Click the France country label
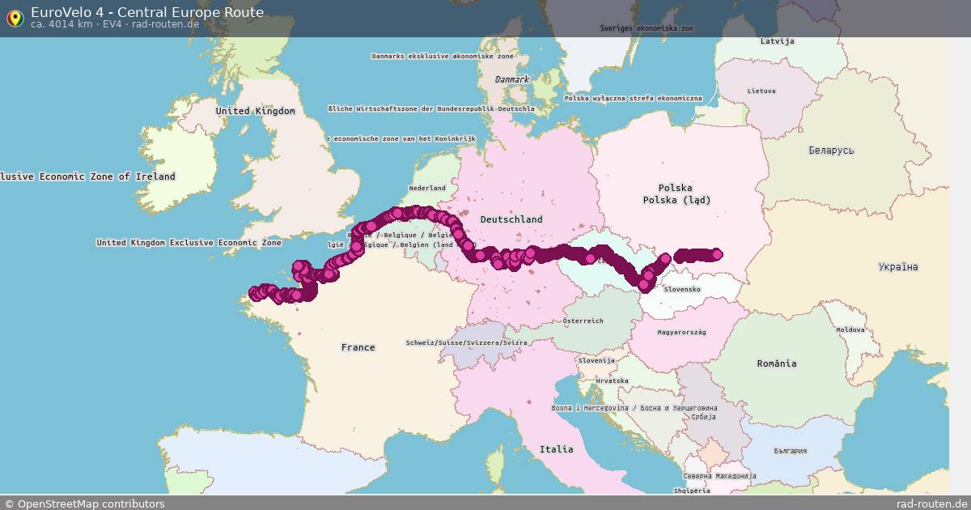[x=358, y=347]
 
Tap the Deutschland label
[x=511, y=219]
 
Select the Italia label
[x=557, y=449]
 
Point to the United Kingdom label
[x=255, y=111]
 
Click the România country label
[x=777, y=363]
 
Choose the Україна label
[x=898, y=267]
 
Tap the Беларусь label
[x=831, y=151]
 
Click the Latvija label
[x=778, y=41]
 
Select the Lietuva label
[x=761, y=91]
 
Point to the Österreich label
[x=583, y=321]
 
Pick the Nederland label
[x=427, y=188]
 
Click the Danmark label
[x=512, y=79]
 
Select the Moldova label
[x=850, y=329]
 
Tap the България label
[x=790, y=451]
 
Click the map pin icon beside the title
[x=15, y=18]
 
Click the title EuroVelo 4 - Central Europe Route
[x=147, y=12]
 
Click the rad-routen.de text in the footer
[x=931, y=504]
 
